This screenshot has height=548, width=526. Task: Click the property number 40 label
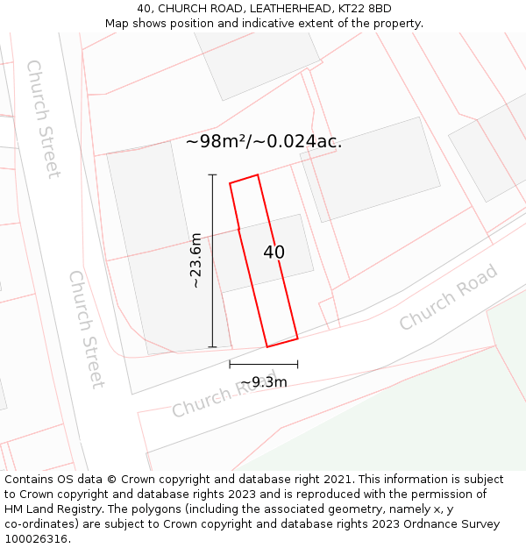click(274, 253)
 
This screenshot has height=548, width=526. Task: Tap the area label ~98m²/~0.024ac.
click(263, 141)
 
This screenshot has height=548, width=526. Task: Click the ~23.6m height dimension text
click(196, 260)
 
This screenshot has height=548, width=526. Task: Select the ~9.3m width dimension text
click(263, 382)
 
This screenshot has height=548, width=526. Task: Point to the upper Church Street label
click(43, 118)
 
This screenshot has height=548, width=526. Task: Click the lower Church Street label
click(86, 329)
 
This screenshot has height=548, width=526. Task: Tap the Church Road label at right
click(448, 297)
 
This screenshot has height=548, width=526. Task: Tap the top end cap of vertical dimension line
click(212, 175)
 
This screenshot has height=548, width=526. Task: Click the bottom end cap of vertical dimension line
click(212, 347)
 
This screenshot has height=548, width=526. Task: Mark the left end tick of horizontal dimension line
click(230, 364)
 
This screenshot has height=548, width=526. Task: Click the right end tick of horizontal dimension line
click(297, 364)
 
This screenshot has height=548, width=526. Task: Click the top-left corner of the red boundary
click(230, 183)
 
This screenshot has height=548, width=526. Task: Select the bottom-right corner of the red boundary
click(297, 338)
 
